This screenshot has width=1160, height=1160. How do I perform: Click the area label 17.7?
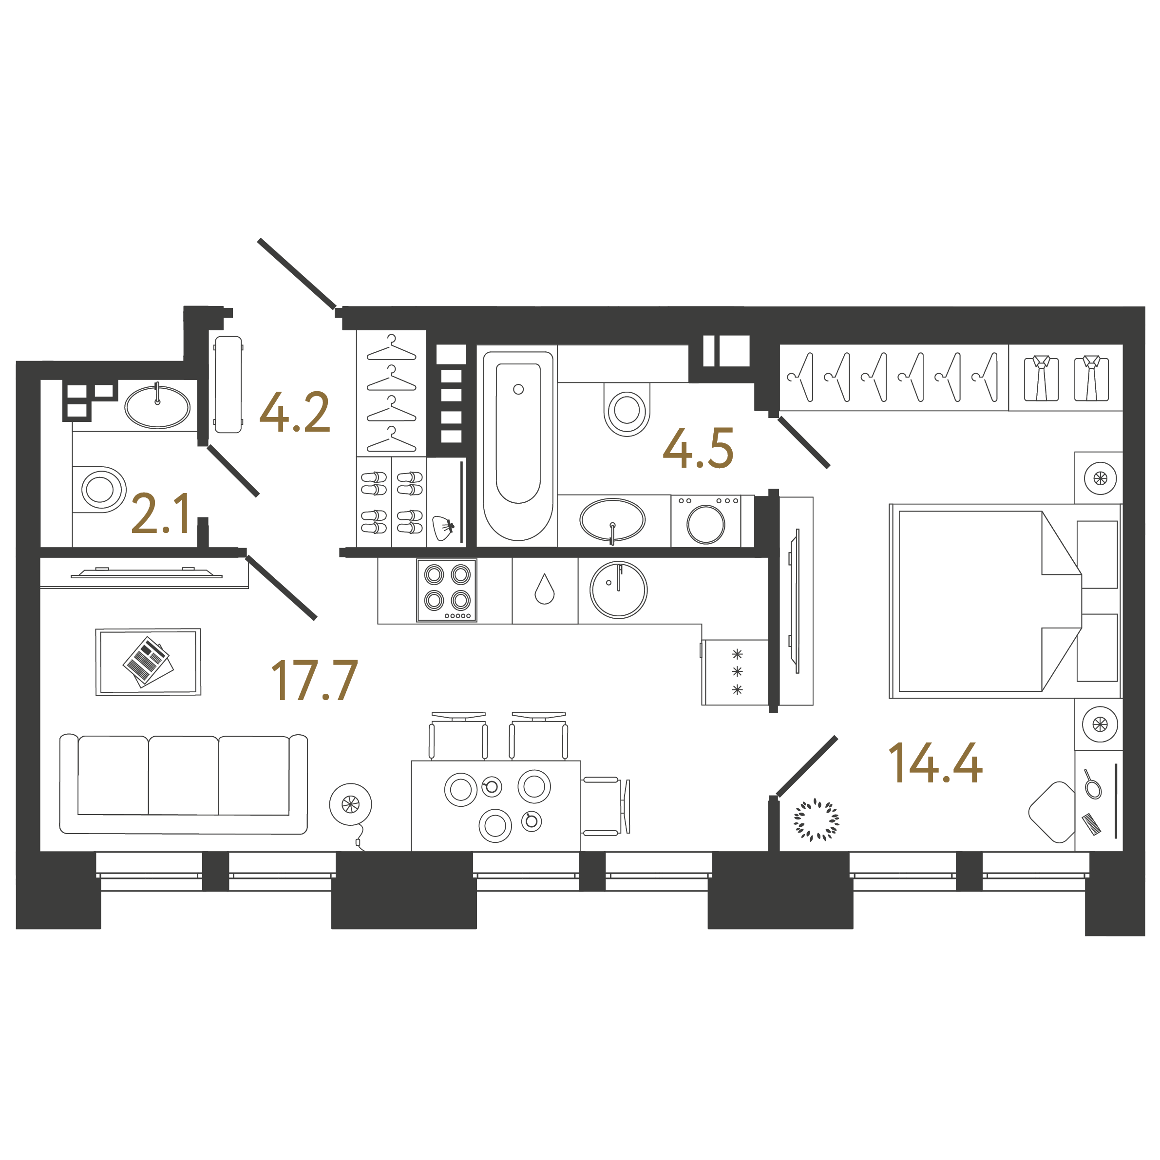315,680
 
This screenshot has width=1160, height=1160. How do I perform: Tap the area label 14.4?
935,762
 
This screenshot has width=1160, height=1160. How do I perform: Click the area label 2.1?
161,513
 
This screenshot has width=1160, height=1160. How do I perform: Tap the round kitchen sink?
618,590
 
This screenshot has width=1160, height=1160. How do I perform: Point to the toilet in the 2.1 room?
100,489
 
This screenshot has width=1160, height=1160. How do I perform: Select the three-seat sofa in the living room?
183,783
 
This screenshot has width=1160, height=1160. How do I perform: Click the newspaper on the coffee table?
148,662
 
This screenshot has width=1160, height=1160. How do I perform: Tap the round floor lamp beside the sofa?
351,804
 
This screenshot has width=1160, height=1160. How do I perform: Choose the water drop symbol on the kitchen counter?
545,589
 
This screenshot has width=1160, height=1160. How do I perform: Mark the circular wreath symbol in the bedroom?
816,819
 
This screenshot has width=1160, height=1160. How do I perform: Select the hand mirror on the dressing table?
1093,786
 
